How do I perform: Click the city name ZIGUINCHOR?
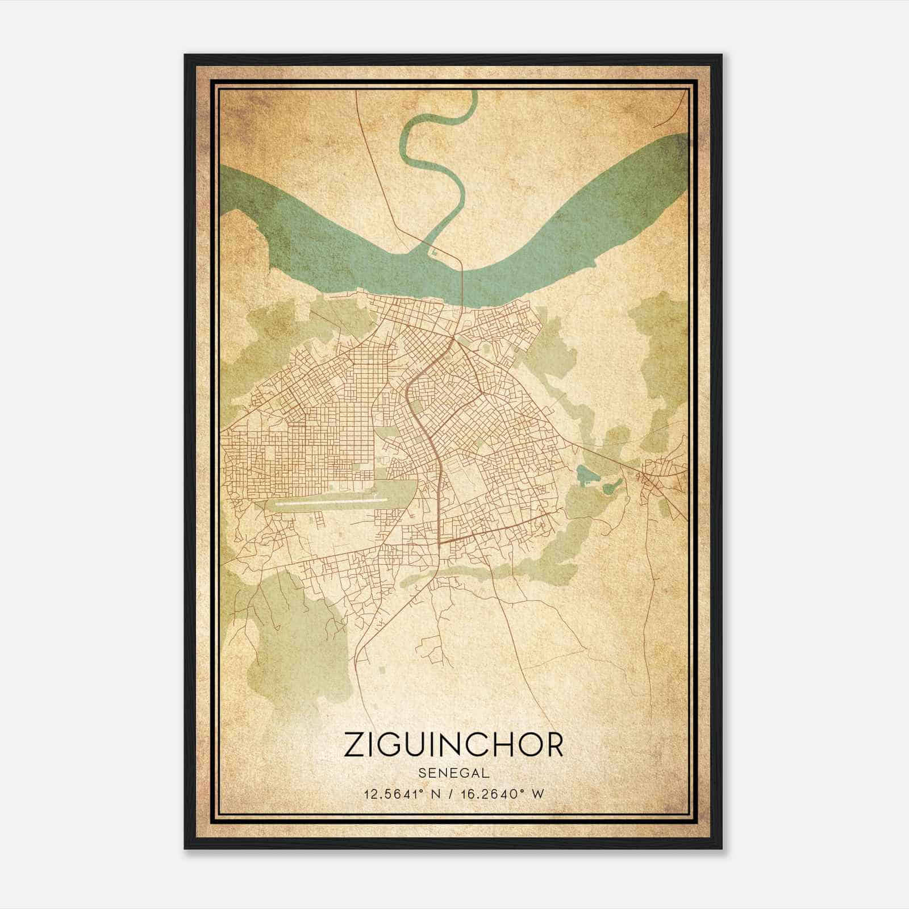point(453,745)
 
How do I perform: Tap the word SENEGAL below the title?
point(453,773)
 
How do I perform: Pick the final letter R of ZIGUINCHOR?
point(552,745)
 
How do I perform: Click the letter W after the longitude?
point(539,794)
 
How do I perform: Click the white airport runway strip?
point(330,502)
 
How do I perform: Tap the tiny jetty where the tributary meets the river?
point(434,250)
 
